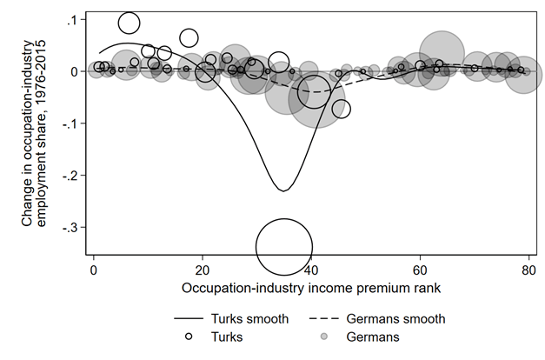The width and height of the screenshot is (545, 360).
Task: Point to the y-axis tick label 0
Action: (x=77, y=71)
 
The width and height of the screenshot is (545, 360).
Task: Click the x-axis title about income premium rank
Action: (x=311, y=286)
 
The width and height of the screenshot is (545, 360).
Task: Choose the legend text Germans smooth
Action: (x=396, y=319)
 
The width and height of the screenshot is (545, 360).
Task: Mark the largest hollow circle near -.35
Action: (x=284, y=247)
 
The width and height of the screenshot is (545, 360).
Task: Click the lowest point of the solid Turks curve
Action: (x=282, y=190)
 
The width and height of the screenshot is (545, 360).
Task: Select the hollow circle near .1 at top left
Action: (x=129, y=23)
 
